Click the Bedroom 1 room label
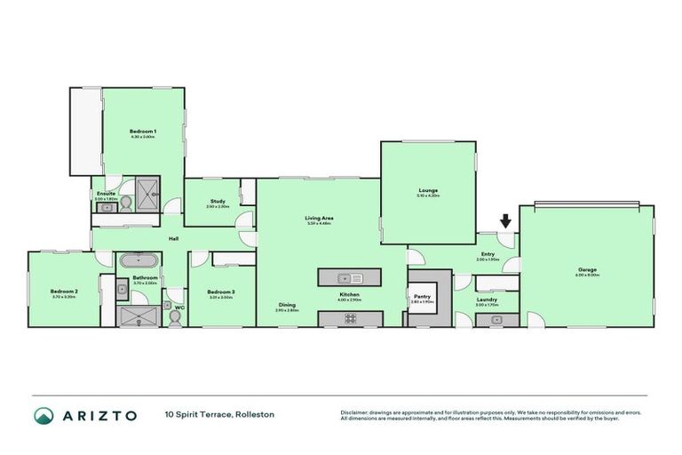143,132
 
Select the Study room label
218,202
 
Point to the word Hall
176,238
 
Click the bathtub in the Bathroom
139,261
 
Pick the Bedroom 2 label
64,291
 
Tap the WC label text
178,307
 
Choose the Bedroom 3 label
221,291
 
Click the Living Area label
319,219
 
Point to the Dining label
286,305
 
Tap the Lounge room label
429,190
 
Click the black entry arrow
505,221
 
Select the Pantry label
421,297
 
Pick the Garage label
587,269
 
